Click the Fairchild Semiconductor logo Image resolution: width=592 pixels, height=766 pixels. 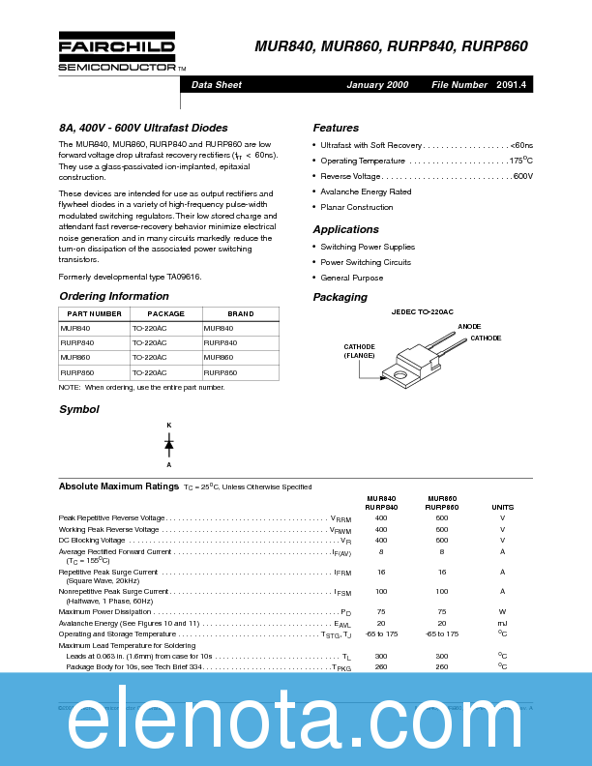117,54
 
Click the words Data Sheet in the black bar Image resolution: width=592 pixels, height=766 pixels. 217,85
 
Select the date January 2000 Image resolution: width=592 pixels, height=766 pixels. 377,85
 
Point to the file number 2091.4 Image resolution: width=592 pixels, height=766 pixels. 511,85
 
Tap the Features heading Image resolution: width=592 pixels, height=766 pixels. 336,128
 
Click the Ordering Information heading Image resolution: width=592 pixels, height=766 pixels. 114,296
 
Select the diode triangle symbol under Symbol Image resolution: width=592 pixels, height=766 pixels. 168,445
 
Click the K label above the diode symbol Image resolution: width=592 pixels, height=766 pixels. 168,426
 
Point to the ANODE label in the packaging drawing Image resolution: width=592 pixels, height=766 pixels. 469,327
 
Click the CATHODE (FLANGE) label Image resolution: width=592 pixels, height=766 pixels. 360,350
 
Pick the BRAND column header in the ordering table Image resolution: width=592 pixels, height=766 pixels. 241,313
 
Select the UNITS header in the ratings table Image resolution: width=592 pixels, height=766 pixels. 502,507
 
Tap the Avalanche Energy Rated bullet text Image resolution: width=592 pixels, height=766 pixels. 366,191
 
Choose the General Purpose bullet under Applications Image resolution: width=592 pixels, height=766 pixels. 351,278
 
